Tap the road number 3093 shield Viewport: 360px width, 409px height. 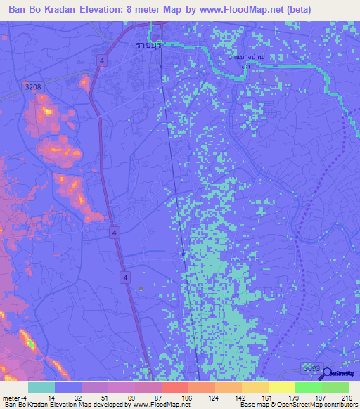[x=310, y=368]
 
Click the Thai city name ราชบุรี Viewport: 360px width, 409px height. [x=148, y=44]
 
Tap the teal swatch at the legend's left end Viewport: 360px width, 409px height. [x=41, y=387]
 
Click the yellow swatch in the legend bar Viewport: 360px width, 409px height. [x=281, y=387]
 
